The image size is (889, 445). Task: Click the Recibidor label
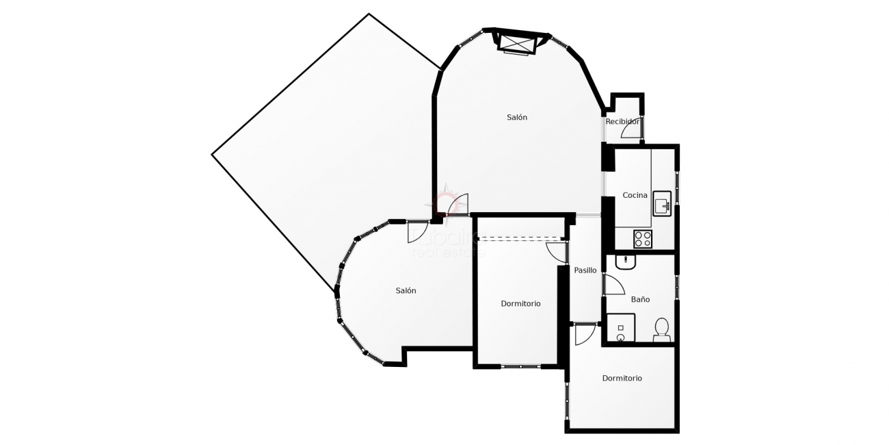click(x=622, y=122)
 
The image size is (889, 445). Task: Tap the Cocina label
click(x=635, y=195)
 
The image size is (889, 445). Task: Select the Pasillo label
click(x=585, y=270)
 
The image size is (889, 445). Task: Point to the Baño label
click(x=640, y=299)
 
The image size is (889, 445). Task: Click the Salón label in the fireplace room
click(x=517, y=117)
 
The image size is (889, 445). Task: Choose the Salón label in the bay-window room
click(x=406, y=290)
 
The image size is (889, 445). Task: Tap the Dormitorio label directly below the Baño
click(x=622, y=378)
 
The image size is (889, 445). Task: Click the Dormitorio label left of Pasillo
click(x=520, y=303)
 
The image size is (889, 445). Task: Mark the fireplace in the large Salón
click(x=516, y=43)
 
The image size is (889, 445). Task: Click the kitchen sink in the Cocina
click(x=662, y=203)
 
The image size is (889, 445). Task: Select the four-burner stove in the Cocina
click(x=643, y=239)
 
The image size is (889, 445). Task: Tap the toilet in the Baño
click(x=661, y=330)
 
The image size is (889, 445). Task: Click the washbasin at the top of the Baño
click(x=626, y=262)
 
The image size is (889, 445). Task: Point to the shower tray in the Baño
click(x=621, y=328)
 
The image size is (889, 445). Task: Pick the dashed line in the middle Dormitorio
click(x=520, y=238)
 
